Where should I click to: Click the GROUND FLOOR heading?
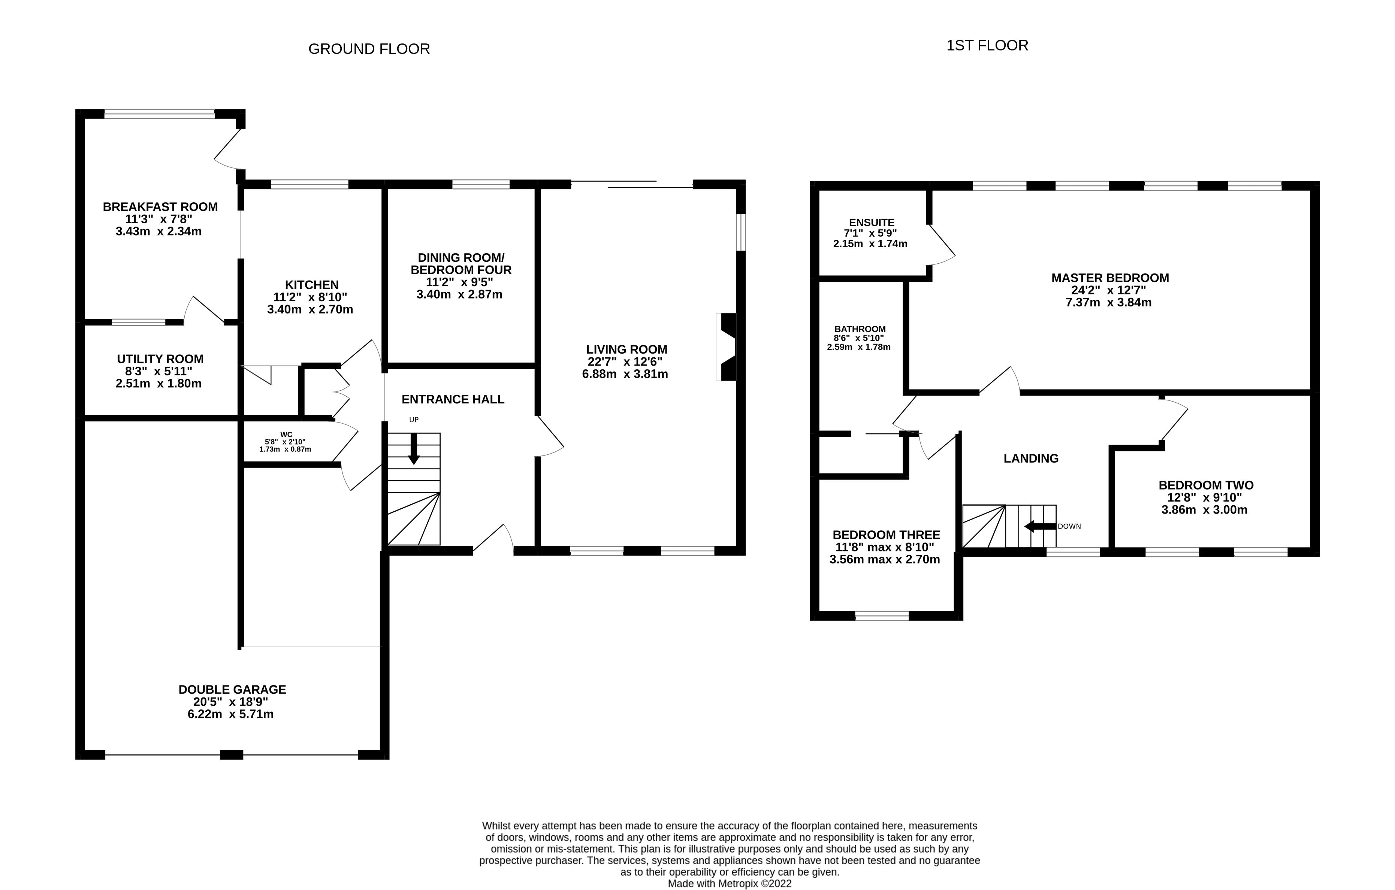pyautogui.click(x=369, y=49)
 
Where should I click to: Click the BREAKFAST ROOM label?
pyautogui.click(x=160, y=207)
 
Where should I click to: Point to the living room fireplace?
pyautogui.click(x=727, y=347)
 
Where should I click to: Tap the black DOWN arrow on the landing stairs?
pyautogui.click(x=1040, y=526)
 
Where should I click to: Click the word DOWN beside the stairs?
pyautogui.click(x=1069, y=526)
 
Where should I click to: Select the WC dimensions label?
pyautogui.click(x=285, y=442)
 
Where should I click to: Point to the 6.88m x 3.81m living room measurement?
pyautogui.click(x=625, y=374)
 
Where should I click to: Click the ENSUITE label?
pyautogui.click(x=871, y=222)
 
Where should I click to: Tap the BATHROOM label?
pyautogui.click(x=860, y=329)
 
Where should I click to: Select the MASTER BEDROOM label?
pyautogui.click(x=1109, y=278)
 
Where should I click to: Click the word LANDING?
pyautogui.click(x=1031, y=458)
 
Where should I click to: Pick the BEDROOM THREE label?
pyautogui.click(x=886, y=535)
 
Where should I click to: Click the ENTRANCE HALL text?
pyautogui.click(x=453, y=400)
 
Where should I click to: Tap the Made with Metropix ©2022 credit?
pyautogui.click(x=730, y=884)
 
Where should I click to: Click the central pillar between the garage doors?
pyautogui.click(x=231, y=754)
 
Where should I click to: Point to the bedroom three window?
pyautogui.click(x=882, y=615)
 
